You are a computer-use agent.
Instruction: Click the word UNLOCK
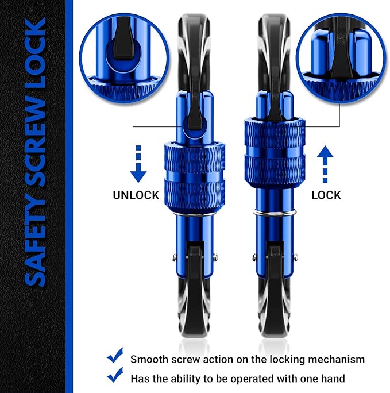tap(136, 195)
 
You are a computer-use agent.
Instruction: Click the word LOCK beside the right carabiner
tap(326, 195)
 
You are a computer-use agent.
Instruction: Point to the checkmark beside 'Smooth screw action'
tap(115, 357)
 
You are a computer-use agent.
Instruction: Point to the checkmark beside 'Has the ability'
tap(115, 376)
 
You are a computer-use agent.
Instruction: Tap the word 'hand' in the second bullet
tap(333, 379)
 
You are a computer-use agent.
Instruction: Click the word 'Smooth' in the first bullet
tap(149, 360)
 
